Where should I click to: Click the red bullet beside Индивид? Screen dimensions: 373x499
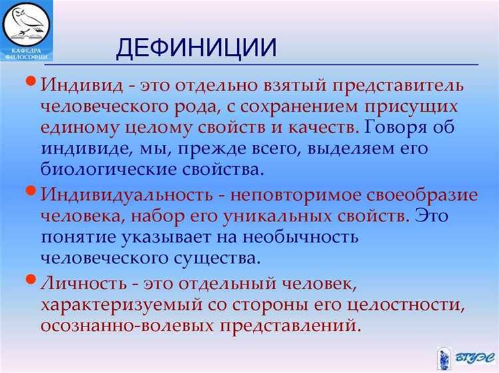[31, 82]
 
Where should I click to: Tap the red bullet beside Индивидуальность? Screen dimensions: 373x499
[31, 191]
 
